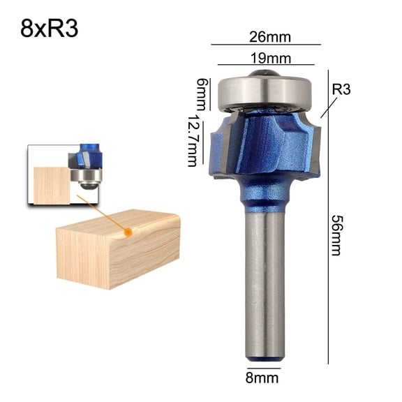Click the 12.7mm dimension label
tap(192, 141)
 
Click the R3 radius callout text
tap(341, 90)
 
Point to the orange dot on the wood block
tap(127, 230)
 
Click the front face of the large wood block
tap(84, 258)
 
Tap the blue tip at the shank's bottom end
tap(265, 358)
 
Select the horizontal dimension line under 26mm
tap(265, 45)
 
